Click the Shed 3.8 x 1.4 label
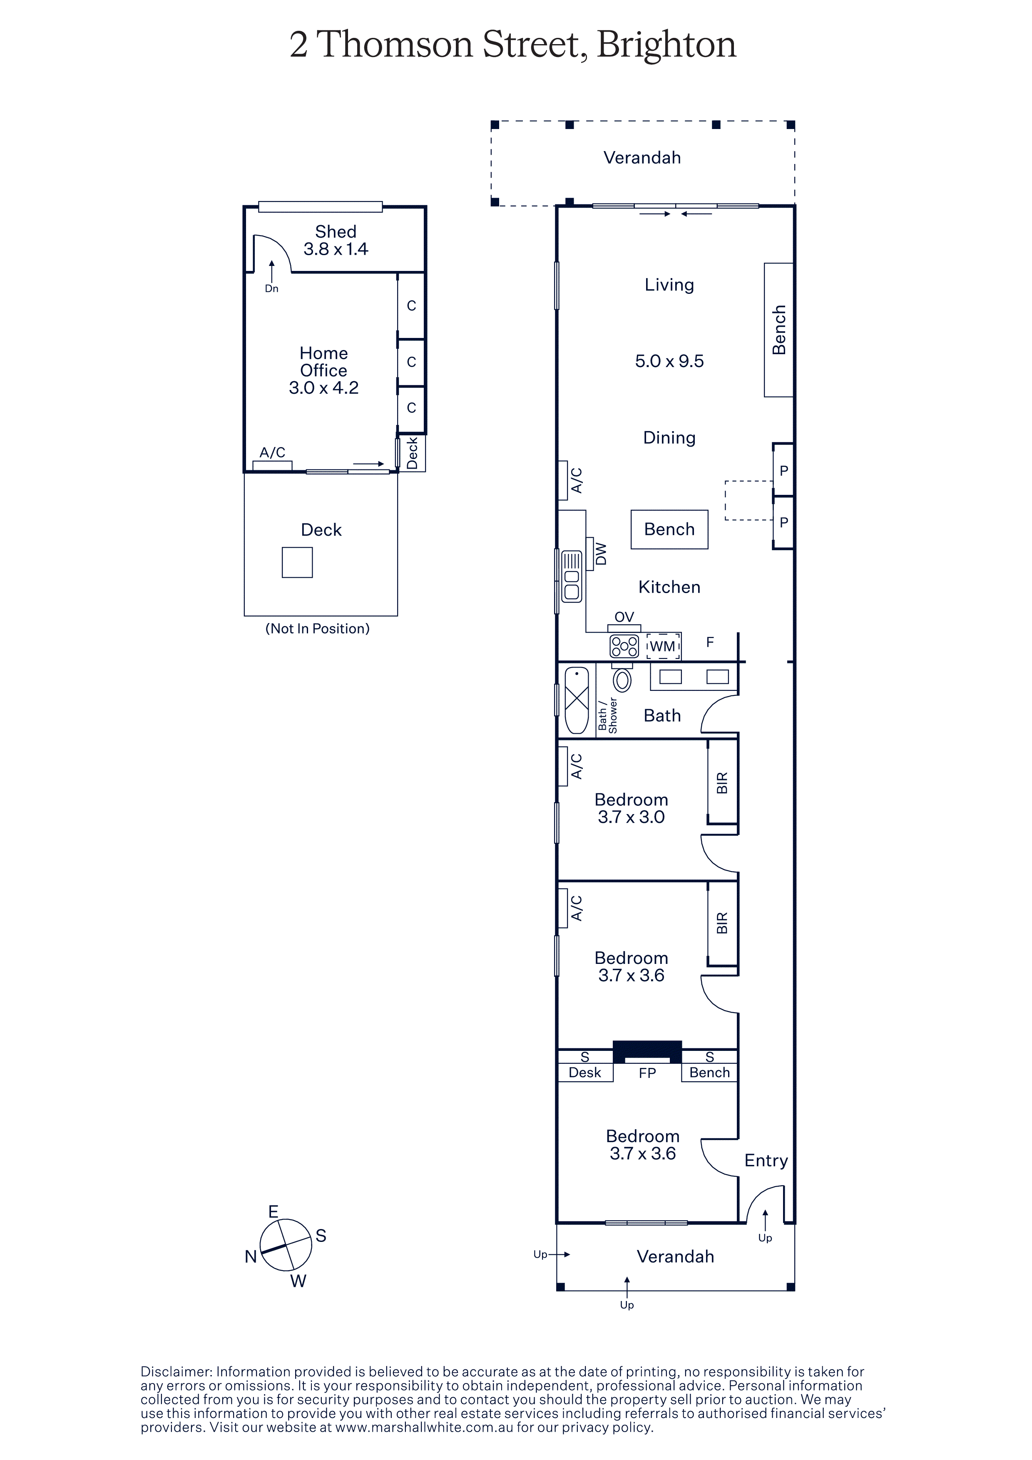(336, 241)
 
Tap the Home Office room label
(323, 362)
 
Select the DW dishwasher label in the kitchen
(601, 554)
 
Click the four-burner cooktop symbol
(624, 646)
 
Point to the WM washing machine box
(663, 646)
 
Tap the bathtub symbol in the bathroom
(577, 700)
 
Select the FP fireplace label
(647, 1073)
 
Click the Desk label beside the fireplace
(584, 1073)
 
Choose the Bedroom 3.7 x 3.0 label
(632, 808)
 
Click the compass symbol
(286, 1244)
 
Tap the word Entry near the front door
(766, 1160)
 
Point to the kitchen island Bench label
(669, 529)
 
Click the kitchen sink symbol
(572, 576)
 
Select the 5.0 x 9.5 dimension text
(669, 361)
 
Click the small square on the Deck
(297, 563)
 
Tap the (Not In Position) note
(317, 629)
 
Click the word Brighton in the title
(666, 45)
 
